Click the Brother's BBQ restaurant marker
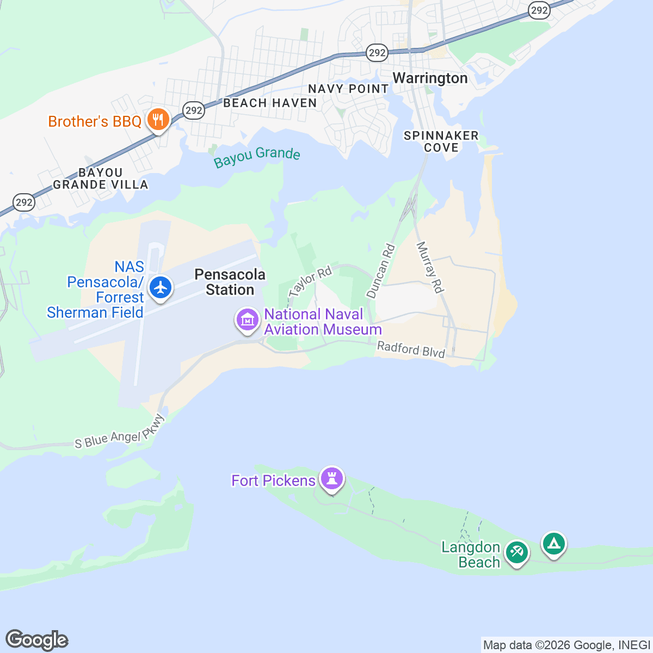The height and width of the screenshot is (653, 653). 158,119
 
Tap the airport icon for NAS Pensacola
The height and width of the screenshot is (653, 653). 161,288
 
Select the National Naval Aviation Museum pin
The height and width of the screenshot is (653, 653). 248,319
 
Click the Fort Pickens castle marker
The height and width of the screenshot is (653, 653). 331,479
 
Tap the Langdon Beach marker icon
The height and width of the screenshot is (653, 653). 516,552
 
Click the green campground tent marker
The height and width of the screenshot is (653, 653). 553,544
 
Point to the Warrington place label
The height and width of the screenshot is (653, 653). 430,78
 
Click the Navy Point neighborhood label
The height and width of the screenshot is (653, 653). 348,89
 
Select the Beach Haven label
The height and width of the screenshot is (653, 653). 270,103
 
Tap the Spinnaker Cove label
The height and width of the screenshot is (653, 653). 441,141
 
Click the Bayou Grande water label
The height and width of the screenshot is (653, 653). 257,157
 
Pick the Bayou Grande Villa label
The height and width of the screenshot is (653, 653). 101,178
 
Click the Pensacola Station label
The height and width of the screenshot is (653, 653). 230,282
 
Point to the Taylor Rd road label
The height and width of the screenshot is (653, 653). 310,281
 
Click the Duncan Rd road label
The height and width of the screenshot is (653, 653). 380,271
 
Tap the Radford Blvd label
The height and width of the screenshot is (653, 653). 411,349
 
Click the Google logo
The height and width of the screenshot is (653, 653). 36,640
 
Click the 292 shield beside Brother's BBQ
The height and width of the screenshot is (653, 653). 194,110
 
